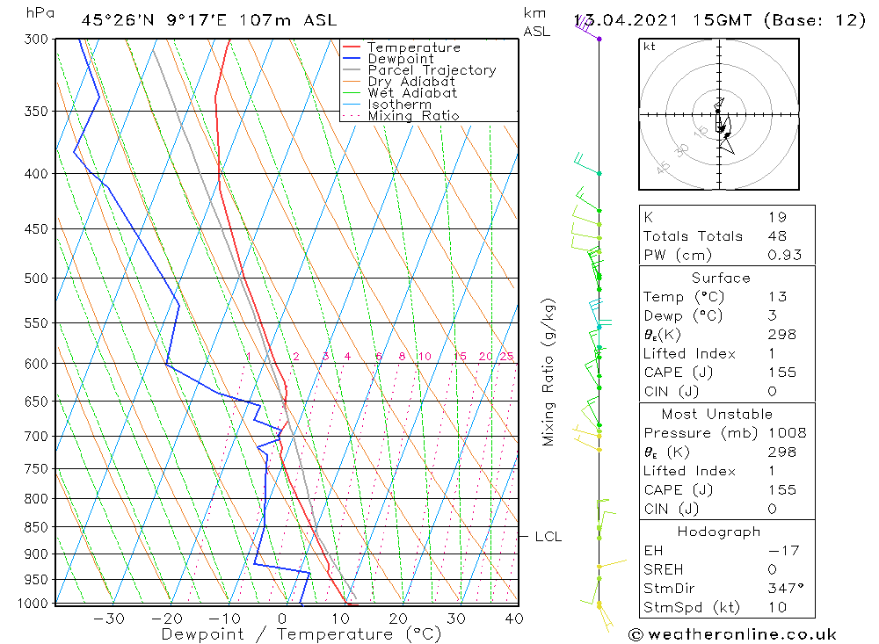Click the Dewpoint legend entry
click(400, 59)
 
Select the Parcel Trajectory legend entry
click(432, 70)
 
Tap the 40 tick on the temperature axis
click(514, 619)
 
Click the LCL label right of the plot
click(548, 537)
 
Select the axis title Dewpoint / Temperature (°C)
click(301, 634)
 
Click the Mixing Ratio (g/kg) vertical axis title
click(549, 373)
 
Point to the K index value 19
click(777, 217)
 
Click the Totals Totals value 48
click(777, 236)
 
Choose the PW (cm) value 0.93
click(784, 256)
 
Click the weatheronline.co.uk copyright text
click(732, 634)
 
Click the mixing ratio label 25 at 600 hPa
click(506, 356)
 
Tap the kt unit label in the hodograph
click(650, 47)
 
